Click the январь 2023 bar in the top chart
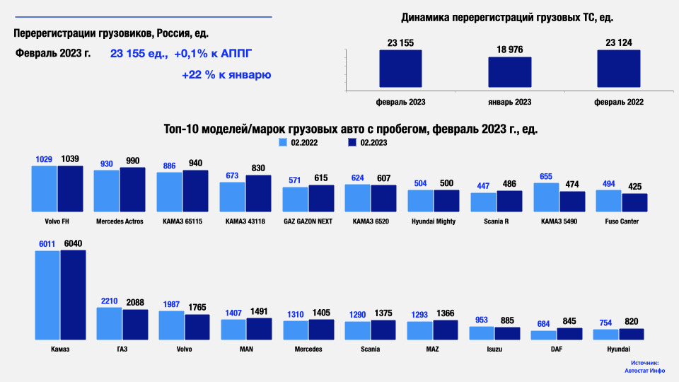click(510, 74)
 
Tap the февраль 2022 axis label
click(619, 102)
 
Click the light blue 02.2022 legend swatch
click(283, 142)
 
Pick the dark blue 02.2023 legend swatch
click(352, 142)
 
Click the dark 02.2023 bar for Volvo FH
click(70, 189)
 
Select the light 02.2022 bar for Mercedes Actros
click(107, 191)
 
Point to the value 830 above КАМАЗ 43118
click(257, 168)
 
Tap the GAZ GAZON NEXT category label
click(308, 221)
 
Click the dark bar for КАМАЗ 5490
click(572, 202)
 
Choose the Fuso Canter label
click(622, 221)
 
